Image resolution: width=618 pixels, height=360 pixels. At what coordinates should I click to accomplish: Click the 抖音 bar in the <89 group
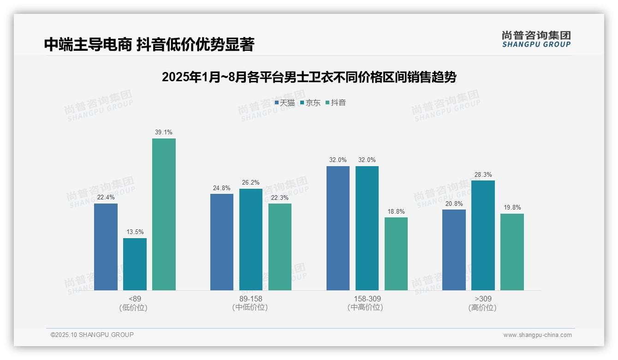pyautogui.click(x=164, y=214)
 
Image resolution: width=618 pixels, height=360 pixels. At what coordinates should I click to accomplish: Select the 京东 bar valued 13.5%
pyautogui.click(x=135, y=264)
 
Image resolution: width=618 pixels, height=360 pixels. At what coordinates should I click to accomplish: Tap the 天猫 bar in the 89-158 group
pyautogui.click(x=222, y=242)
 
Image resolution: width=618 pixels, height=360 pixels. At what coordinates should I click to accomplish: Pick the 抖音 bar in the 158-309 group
pyautogui.click(x=396, y=254)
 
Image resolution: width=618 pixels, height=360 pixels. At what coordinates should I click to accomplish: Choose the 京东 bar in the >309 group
pyautogui.click(x=483, y=235)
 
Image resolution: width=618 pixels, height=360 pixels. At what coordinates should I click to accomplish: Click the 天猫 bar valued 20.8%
pyautogui.click(x=454, y=250)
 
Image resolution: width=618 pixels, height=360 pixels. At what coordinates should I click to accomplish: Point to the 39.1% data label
pyautogui.click(x=164, y=132)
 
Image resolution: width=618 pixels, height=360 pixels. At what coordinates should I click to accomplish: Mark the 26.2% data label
pyautogui.click(x=250, y=183)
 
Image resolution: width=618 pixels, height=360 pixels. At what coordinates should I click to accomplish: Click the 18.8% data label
pyautogui.click(x=396, y=212)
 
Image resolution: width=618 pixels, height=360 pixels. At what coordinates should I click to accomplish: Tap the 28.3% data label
pyautogui.click(x=483, y=175)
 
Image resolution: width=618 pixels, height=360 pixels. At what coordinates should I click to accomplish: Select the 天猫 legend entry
pyautogui.click(x=285, y=103)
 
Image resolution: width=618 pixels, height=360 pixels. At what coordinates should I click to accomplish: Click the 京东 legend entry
pyautogui.click(x=310, y=103)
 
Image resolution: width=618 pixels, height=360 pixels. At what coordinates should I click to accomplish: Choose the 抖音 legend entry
pyautogui.click(x=336, y=103)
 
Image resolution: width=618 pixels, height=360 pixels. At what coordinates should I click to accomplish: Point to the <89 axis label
pyautogui.click(x=135, y=299)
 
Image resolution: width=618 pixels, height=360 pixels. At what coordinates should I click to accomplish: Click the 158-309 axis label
pyautogui.click(x=367, y=299)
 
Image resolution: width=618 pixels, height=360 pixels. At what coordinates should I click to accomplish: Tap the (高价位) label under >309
pyautogui.click(x=483, y=308)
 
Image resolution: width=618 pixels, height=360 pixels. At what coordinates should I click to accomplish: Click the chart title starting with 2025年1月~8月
pyautogui.click(x=309, y=77)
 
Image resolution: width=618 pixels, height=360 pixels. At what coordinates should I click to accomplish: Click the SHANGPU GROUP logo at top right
pyautogui.click(x=536, y=39)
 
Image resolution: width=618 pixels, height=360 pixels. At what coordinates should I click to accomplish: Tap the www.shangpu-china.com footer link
pyautogui.click(x=537, y=335)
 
